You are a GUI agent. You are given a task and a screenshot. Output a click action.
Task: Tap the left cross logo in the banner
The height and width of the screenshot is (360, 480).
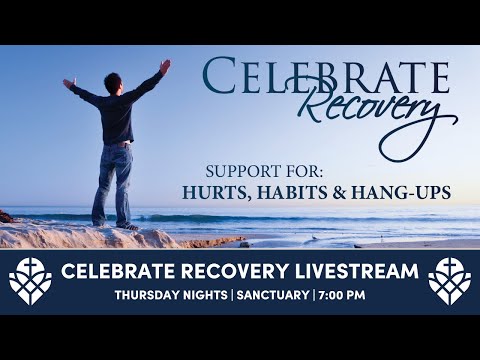(x=30, y=280)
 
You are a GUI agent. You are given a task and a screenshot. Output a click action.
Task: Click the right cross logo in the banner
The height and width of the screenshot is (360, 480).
(x=449, y=280)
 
